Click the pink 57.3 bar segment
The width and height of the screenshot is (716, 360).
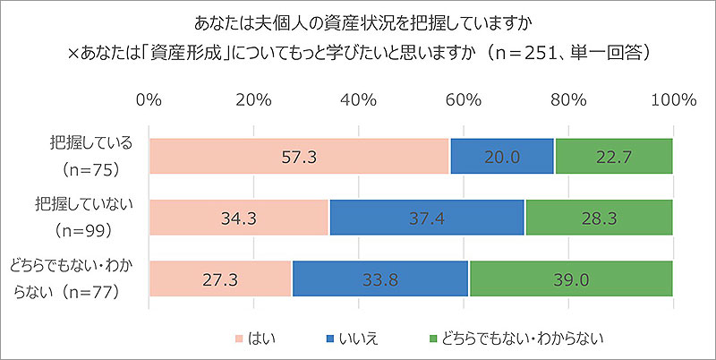point(300,157)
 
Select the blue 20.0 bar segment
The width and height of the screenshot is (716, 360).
point(502,157)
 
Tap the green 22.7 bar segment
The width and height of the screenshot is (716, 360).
point(613,157)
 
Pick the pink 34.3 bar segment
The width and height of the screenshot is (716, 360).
point(239,218)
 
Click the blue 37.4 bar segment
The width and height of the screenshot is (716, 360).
point(427,218)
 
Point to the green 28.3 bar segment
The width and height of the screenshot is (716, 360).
point(599,218)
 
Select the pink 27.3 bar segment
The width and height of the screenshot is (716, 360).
point(220,279)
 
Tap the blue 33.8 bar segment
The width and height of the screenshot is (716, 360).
point(380,279)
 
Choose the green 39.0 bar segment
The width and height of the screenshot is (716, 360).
point(570,279)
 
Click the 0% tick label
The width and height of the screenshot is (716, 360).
point(149,99)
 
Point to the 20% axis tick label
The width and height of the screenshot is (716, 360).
point(254,99)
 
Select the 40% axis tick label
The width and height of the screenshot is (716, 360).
point(359,99)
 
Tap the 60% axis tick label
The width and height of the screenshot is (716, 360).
point(464,99)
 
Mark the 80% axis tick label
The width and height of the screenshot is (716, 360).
point(568,99)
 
